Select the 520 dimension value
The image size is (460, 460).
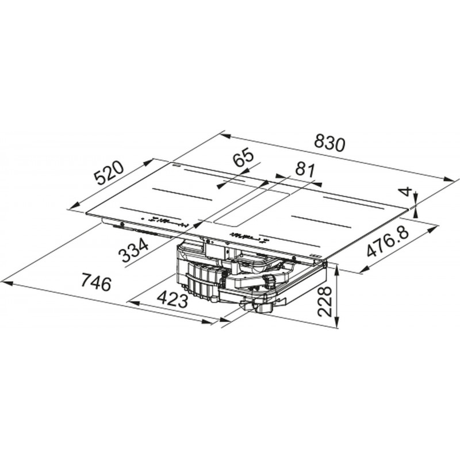click(110, 174)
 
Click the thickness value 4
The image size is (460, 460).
click(406, 192)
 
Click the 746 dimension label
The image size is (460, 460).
click(96, 282)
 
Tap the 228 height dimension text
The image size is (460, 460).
click(325, 302)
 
